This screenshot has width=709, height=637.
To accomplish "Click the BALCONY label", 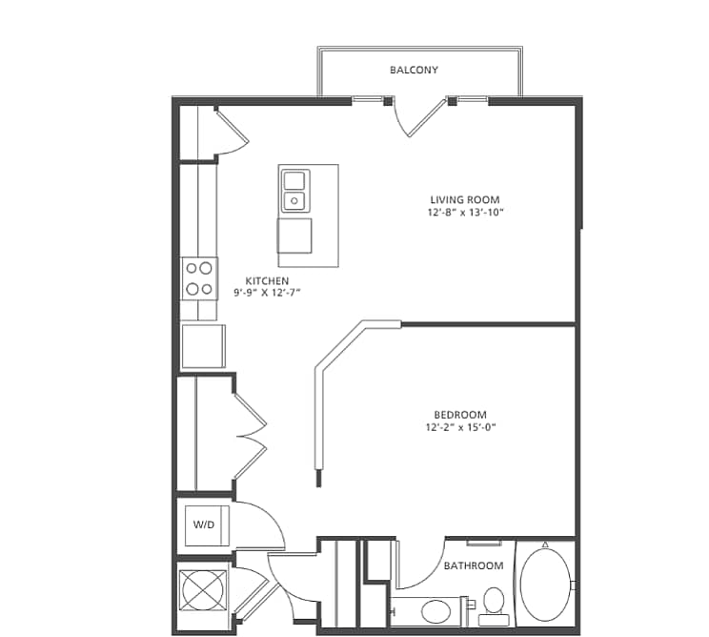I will point(415,70).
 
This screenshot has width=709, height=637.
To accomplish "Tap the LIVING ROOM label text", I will point(465,199).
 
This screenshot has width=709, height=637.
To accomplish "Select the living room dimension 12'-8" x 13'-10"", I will point(465,213).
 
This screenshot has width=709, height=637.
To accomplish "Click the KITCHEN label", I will point(267,280).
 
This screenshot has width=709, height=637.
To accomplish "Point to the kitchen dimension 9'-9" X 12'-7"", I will point(267,293).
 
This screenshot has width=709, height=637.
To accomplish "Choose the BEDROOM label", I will point(460,415).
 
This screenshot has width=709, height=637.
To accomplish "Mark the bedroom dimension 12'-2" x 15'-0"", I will point(460,428).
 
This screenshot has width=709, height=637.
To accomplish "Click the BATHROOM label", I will point(474,565).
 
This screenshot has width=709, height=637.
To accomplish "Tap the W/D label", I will point(204,524).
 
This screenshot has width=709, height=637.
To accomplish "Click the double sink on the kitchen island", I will point(294,190).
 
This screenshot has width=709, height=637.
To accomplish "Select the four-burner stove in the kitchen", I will point(200,278).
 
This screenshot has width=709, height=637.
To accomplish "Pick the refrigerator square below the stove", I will point(204,345).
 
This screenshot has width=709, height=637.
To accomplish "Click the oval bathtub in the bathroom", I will point(545,585).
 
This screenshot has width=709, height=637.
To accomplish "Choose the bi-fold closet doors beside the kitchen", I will point(249,436).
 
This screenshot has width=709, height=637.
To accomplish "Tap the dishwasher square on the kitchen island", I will point(294,236).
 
